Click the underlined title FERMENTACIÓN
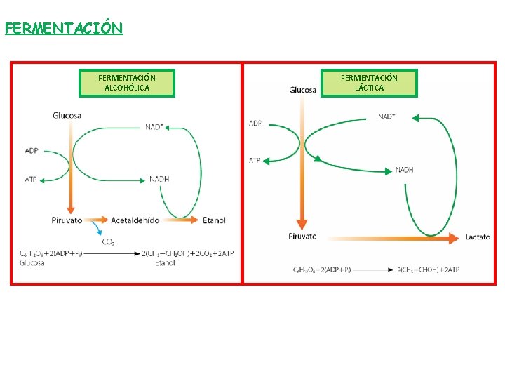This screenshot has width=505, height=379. point(64,28)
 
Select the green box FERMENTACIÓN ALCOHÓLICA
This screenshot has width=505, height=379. point(127,83)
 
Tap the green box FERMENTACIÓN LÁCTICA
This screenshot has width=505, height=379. point(369,83)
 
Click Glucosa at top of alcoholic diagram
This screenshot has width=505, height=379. point(67,115)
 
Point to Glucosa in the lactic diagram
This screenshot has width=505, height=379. point(302,90)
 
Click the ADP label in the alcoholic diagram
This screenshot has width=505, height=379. point(31,150)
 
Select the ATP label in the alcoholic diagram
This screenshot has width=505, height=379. point(31,180)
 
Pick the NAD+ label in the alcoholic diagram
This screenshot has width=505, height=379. point(155,127)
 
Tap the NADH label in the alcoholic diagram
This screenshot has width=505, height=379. point(159,179)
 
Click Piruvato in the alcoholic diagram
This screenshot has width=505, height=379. point(67,220)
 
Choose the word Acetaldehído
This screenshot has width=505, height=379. point(135,220)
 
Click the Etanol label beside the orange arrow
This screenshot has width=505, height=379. point(214,220)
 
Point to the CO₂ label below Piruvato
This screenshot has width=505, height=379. point(109,242)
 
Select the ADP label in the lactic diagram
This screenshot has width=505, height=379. point(255,124)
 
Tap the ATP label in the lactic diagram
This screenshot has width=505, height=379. point(255,161)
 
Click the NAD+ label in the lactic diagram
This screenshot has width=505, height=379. point(386,117)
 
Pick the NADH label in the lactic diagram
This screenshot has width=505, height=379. point(404,170)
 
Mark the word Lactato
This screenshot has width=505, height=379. point(478,237)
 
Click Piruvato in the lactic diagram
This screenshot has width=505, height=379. point(302,237)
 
